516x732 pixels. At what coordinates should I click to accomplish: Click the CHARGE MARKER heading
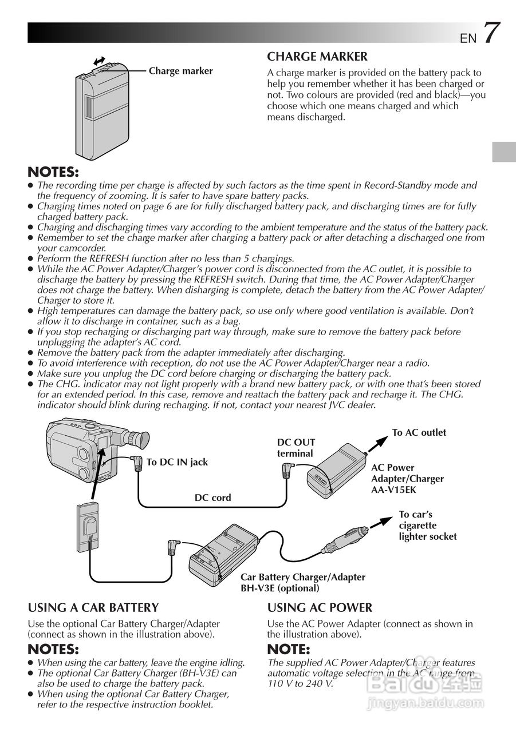pos(317,57)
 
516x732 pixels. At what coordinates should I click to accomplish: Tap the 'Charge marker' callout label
pos(180,71)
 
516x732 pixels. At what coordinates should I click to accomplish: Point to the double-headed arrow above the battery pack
pos(99,61)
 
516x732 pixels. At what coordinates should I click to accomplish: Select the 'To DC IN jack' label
pos(177,462)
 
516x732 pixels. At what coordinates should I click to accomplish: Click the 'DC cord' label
pos(212,498)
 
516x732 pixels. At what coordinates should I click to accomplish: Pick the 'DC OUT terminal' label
pos(296,448)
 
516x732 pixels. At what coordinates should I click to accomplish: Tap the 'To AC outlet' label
pos(419,432)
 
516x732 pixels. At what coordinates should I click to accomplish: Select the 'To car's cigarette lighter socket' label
pos(427,525)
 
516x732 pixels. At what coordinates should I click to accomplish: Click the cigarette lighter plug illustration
pos(344,540)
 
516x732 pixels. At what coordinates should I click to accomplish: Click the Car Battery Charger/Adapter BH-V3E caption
pos(302,582)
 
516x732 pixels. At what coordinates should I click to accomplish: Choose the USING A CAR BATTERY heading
pos(93,607)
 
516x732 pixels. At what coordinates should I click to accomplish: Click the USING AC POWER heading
pos(320,607)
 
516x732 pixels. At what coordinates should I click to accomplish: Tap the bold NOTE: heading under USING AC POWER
pos(288,649)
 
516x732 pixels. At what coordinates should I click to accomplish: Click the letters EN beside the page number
pos(467,38)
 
